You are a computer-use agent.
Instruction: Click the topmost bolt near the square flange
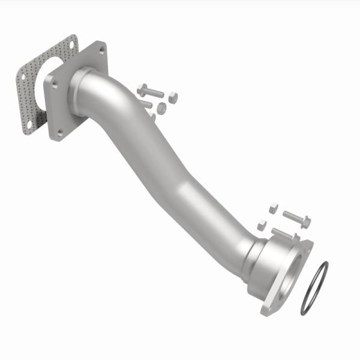(150, 92)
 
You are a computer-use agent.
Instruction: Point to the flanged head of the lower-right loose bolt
(304, 223)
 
